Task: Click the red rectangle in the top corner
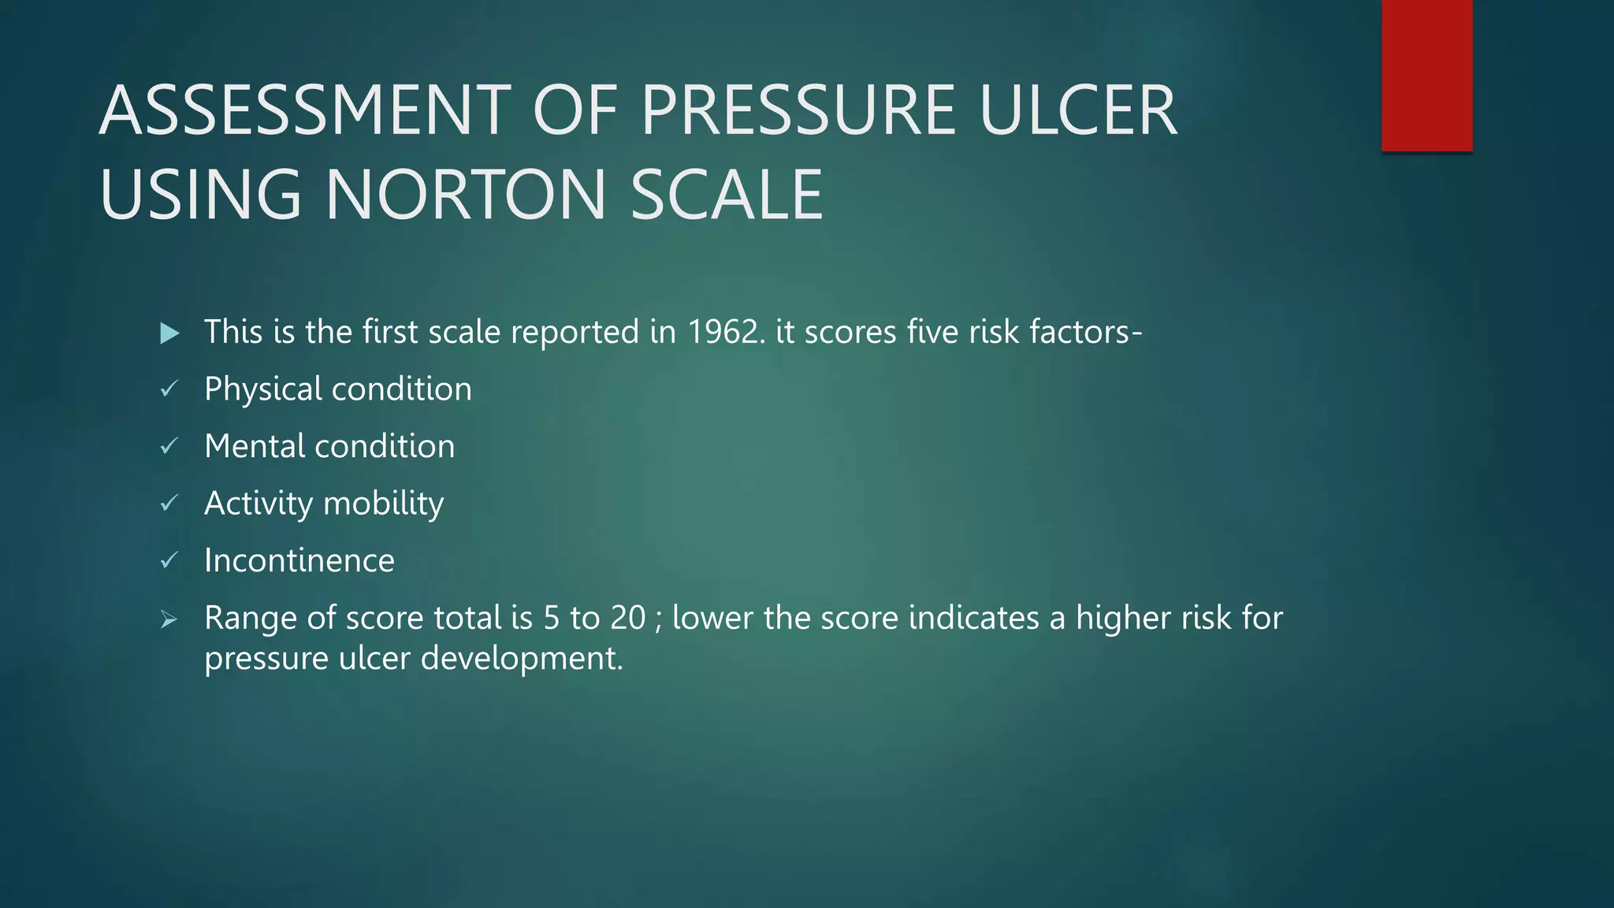pyautogui.click(x=1426, y=75)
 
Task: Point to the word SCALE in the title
pyautogui.click(x=727, y=194)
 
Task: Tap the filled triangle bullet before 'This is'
pyautogui.click(x=169, y=333)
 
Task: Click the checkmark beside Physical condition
pyautogui.click(x=169, y=389)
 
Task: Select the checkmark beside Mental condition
pyautogui.click(x=169, y=446)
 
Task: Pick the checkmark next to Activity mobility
pyautogui.click(x=169, y=503)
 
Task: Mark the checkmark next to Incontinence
pyautogui.click(x=169, y=560)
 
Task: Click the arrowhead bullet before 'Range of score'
pyautogui.click(x=169, y=620)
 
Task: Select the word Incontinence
pyautogui.click(x=299, y=560)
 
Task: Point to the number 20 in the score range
pyautogui.click(x=627, y=618)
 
